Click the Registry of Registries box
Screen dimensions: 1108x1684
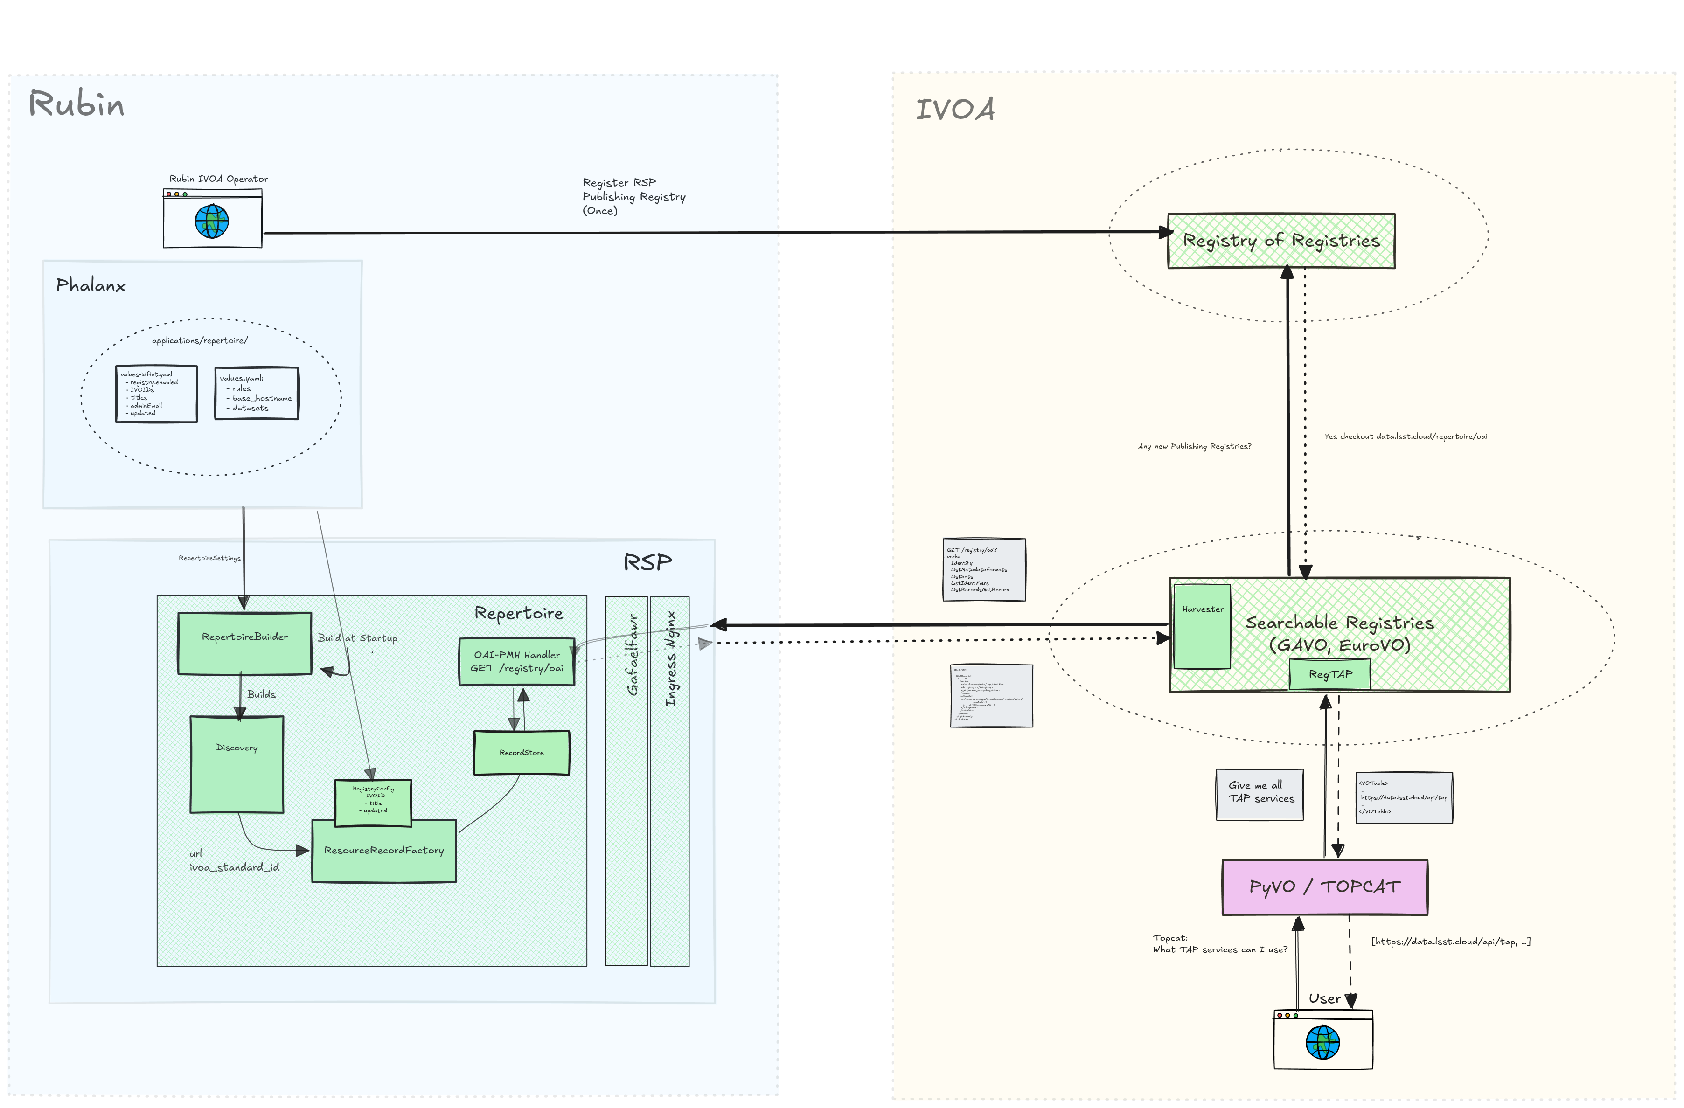pos(1280,241)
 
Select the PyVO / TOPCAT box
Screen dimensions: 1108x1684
pos(1324,886)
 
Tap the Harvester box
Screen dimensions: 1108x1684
pos(1202,626)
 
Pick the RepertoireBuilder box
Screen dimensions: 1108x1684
pos(244,643)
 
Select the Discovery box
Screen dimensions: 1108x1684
pos(237,764)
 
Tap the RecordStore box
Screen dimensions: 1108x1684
pos(522,752)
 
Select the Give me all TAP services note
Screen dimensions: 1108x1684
pos(1260,794)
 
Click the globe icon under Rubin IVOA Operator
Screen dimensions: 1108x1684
pos(212,222)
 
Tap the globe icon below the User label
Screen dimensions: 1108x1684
pos(1322,1042)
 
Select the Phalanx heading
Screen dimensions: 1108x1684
pos(90,285)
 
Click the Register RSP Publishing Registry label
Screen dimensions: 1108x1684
pos(633,196)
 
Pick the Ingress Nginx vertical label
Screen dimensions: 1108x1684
pos(670,658)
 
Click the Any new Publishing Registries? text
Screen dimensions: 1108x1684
pos(1194,446)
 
